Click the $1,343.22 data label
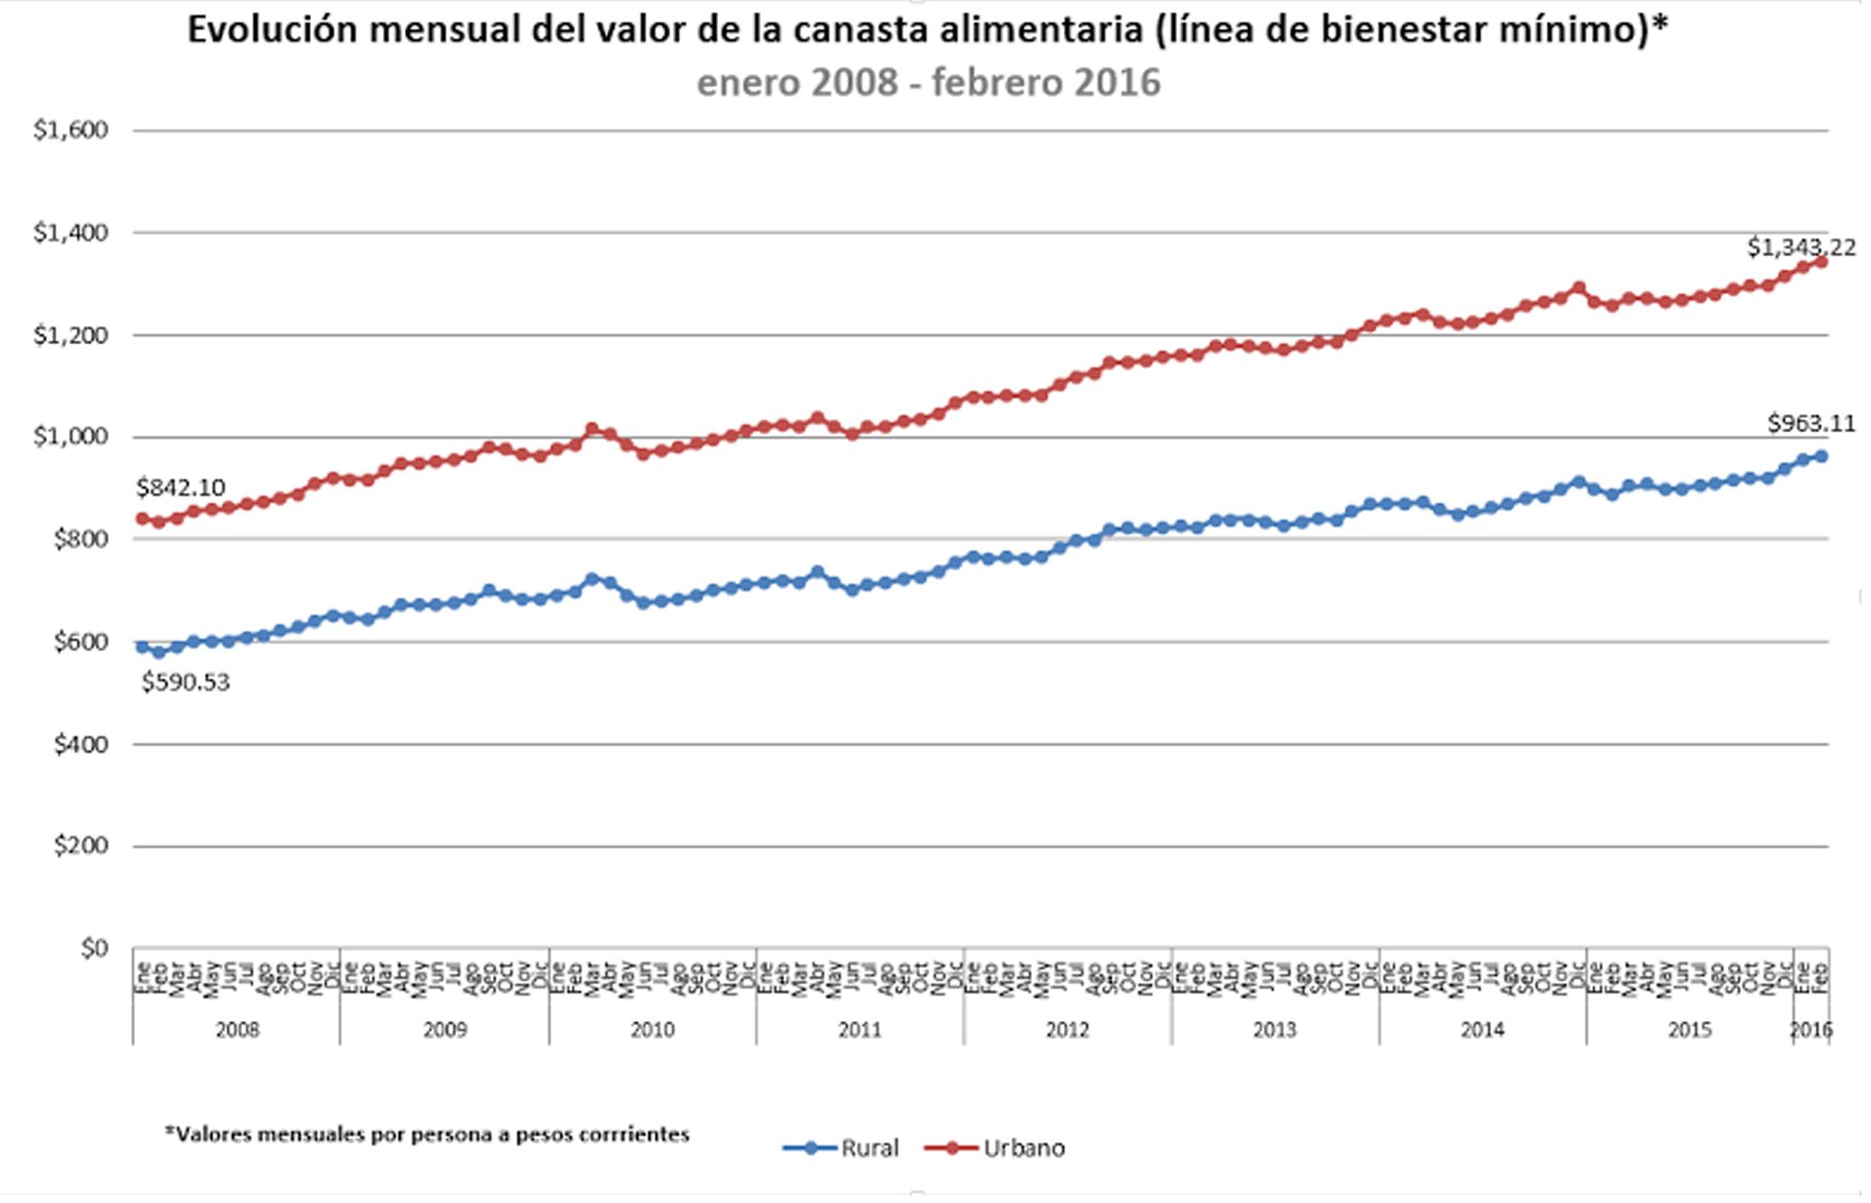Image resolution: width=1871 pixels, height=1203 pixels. coord(1801,247)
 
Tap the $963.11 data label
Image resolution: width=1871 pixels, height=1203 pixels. coord(1810,424)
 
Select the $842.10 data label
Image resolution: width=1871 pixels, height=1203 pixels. coord(180,487)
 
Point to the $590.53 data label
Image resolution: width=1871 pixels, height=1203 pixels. coord(186,683)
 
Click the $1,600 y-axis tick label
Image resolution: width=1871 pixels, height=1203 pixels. coord(71,130)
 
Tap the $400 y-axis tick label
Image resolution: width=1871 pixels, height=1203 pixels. coord(81,744)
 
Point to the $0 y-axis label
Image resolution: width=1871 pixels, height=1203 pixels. coord(94,948)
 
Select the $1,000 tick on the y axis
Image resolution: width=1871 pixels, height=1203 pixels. coord(71,437)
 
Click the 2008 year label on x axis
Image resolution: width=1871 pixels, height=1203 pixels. coord(237,1030)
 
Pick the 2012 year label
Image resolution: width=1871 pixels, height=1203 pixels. coord(1068,1030)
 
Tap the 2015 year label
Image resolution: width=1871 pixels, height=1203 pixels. coord(1690,1030)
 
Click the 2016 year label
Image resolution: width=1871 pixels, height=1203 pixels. coord(1810,1030)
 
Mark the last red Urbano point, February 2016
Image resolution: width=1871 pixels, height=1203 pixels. coord(1821,263)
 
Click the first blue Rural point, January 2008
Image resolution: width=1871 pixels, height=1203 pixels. coord(142,647)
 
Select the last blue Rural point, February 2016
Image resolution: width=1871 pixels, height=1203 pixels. coord(1821,457)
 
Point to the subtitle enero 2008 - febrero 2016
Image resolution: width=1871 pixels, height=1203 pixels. coord(927,82)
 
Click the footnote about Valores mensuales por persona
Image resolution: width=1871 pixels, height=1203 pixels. coord(427,1134)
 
